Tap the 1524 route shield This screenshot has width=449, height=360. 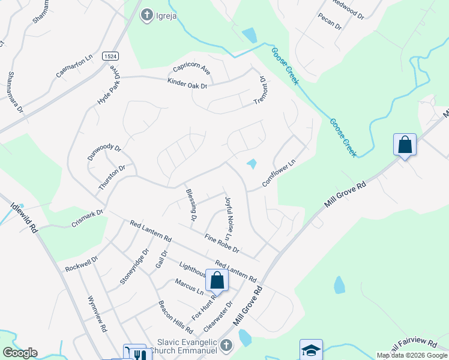[x=109, y=55]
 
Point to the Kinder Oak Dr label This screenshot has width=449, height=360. [x=187, y=85]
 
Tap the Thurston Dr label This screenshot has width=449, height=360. [x=112, y=177]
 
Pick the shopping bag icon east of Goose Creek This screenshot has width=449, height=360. [x=405, y=145]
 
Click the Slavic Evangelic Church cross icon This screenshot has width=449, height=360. [x=226, y=345]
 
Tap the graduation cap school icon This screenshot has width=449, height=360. [x=311, y=350]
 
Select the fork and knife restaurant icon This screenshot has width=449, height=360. [x=138, y=355]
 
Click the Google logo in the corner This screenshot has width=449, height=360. [x=20, y=353]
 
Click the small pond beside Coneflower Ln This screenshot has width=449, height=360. [x=252, y=163]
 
